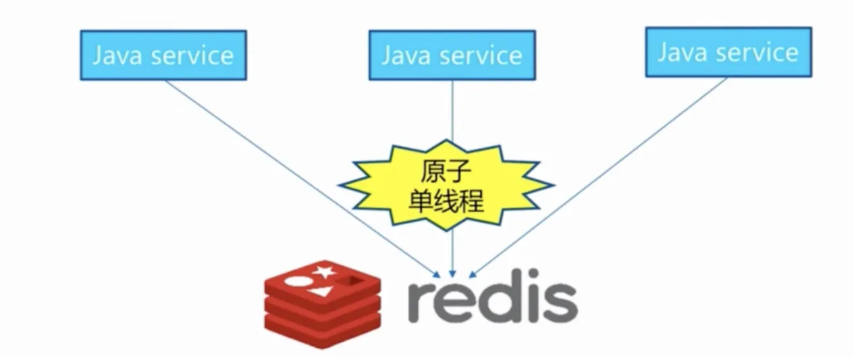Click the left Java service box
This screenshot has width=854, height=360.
tap(163, 55)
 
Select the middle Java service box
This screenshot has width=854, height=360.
tap(452, 55)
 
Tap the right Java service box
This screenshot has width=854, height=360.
tap(728, 52)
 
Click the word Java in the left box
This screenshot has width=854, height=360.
tap(118, 55)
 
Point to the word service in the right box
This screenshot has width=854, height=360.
tap(757, 52)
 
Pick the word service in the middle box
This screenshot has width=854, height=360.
tap(480, 55)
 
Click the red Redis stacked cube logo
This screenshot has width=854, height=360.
tap(322, 303)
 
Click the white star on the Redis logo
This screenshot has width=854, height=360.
tap(323, 272)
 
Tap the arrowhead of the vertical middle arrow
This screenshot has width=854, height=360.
tap(452, 273)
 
